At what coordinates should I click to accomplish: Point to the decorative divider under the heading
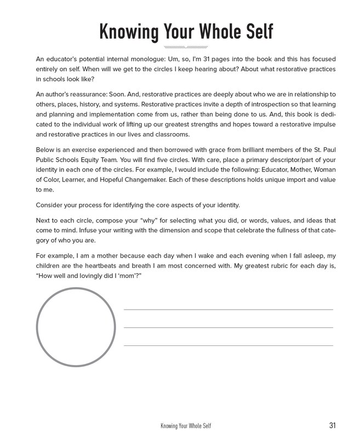(x=186, y=48)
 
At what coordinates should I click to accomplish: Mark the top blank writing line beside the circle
(x=228, y=310)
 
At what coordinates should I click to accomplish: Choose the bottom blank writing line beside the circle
(x=228, y=346)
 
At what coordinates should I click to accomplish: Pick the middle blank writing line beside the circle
(x=228, y=328)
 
